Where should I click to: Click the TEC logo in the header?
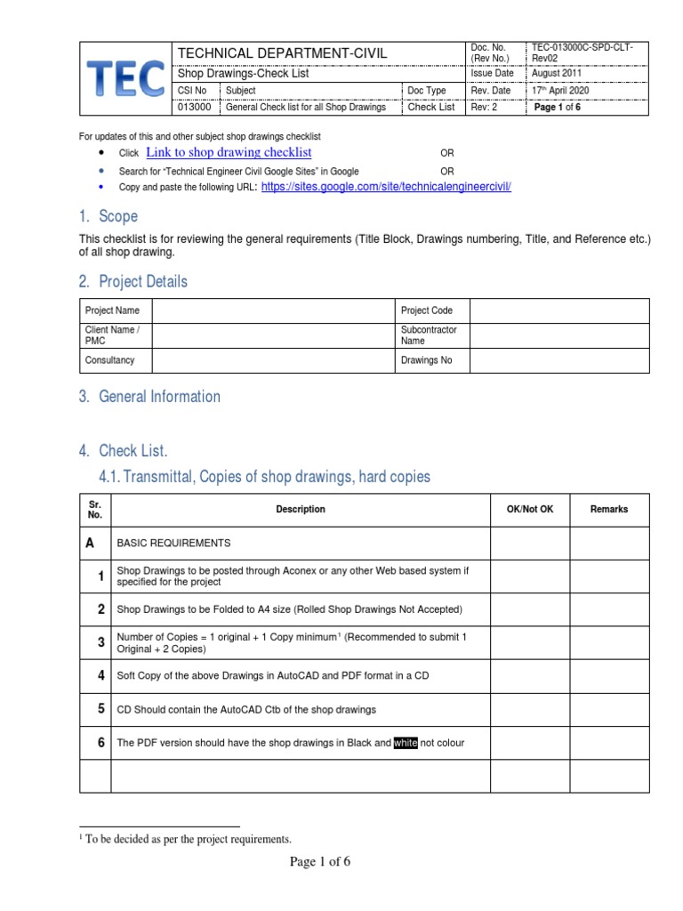pos(125,79)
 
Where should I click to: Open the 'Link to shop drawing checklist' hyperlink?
pos(229,153)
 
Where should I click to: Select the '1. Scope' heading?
pos(108,216)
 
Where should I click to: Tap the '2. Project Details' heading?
pos(133,282)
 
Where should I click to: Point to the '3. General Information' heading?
pos(149,397)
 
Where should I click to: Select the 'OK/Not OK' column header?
pos(529,510)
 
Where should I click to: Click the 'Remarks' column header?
pos(609,510)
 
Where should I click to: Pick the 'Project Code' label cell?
pos(428,310)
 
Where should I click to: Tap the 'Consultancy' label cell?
pos(109,360)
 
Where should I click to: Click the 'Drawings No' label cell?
pos(427,360)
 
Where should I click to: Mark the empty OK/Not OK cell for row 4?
pos(529,676)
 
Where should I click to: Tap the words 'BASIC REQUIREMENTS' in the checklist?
pos(173,543)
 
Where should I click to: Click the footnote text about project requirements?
pos(189,839)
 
